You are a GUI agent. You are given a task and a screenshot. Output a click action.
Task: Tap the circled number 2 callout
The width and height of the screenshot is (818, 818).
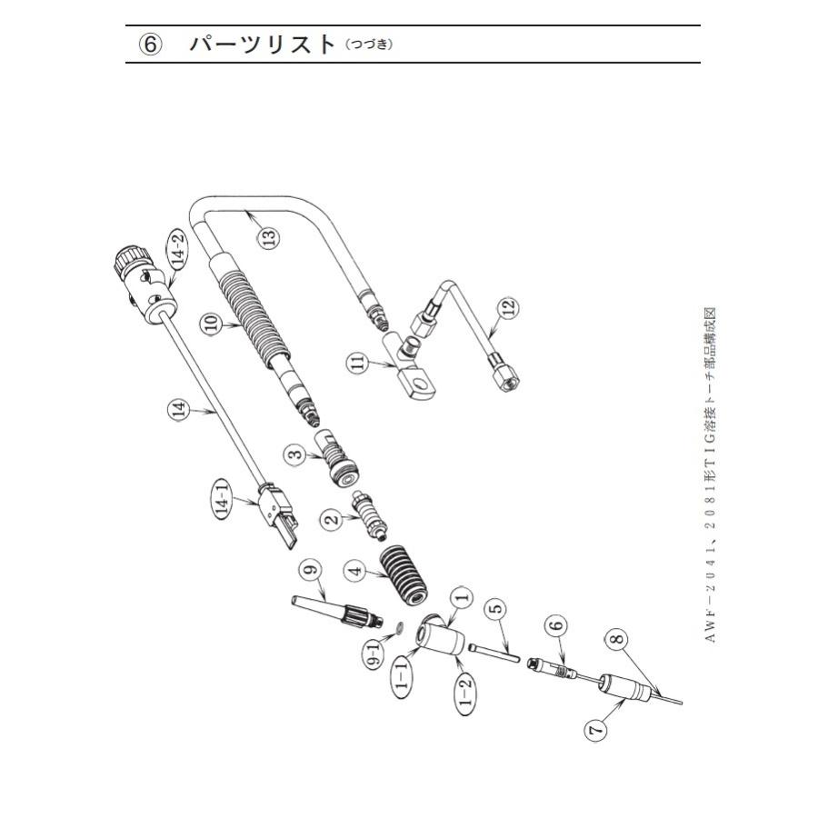coord(333,519)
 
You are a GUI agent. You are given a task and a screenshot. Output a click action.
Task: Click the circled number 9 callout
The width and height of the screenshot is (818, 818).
coord(311,571)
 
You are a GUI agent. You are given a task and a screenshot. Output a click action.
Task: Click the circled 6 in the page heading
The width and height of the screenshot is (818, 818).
coord(151,45)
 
